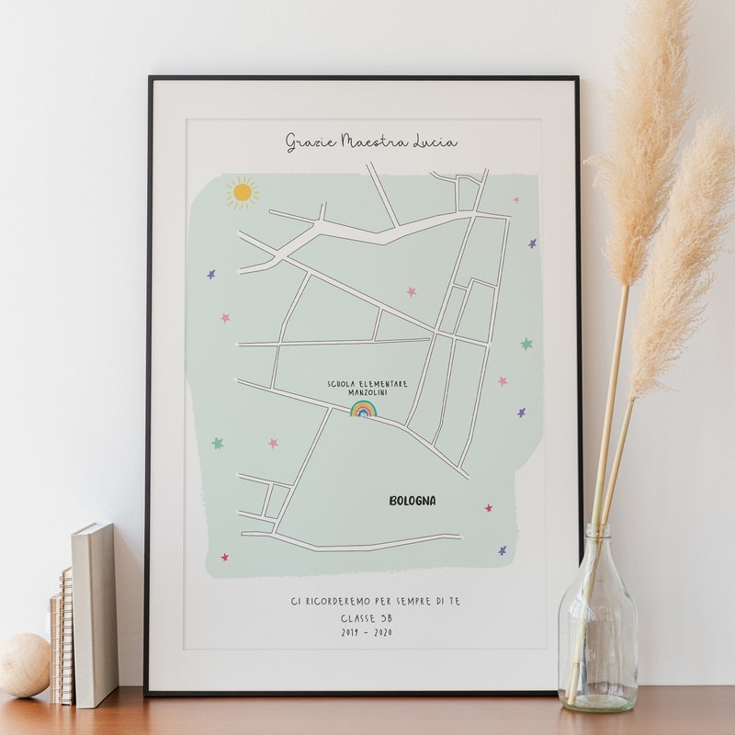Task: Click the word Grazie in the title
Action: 311,141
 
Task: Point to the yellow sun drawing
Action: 242,192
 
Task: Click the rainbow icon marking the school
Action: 364,408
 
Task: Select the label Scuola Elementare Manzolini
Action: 367,388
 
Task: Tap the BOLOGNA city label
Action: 413,501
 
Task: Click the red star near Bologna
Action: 489,507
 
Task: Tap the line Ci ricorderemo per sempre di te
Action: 375,601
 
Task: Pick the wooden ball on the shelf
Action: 23,664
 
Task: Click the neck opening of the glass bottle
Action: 598,530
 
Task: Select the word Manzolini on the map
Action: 367,392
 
